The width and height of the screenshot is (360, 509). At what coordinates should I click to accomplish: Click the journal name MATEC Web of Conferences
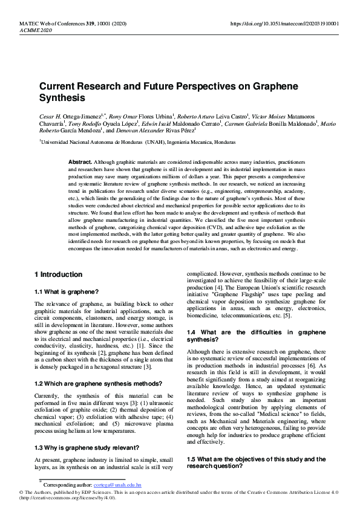(x=51, y=24)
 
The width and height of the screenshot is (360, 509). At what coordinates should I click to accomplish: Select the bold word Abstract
(x=80, y=163)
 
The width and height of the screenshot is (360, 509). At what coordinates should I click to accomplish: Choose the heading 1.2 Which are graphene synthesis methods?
(x=98, y=384)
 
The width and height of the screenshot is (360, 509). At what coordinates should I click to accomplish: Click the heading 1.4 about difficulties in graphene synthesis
(x=257, y=336)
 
